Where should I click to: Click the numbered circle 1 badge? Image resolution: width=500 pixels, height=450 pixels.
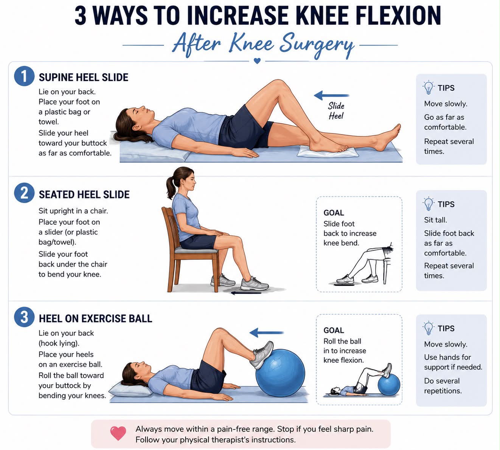(24, 76)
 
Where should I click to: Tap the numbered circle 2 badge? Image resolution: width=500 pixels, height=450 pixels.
(24, 193)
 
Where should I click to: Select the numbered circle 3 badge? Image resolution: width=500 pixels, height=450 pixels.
(24, 317)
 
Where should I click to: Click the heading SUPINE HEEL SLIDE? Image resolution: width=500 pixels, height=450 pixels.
(84, 77)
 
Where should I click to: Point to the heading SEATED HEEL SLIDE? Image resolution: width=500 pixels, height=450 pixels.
(84, 194)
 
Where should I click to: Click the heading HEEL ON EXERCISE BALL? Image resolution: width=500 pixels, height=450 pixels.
(95, 319)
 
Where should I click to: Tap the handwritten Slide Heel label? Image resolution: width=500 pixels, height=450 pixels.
(336, 111)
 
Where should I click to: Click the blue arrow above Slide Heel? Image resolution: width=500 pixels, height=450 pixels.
(332, 95)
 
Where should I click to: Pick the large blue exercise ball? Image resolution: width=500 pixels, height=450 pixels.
(280, 373)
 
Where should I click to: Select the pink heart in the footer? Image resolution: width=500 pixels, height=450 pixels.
(118, 433)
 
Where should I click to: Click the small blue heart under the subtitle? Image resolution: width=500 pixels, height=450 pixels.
(257, 61)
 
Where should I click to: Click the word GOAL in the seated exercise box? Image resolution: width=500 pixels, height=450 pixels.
(334, 213)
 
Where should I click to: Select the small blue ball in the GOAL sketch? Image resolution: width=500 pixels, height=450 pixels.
(389, 385)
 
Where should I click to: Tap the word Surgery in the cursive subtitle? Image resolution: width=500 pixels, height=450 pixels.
(317, 45)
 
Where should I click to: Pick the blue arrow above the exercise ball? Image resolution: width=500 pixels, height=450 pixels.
(266, 332)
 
